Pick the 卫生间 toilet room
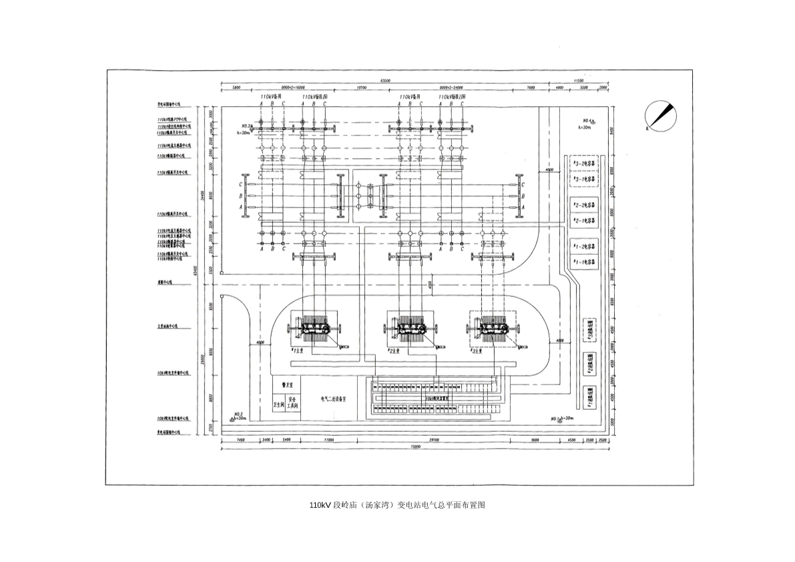pyautogui.click(x=279, y=404)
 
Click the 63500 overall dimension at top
pyautogui.click(x=385, y=81)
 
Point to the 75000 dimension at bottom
pyautogui.click(x=415, y=448)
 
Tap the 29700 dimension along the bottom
pyautogui.click(x=434, y=441)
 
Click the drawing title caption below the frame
pyautogui.click(x=397, y=505)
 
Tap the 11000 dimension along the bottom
pyautogui.click(x=329, y=441)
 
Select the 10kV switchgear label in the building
pyautogui.click(x=437, y=398)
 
